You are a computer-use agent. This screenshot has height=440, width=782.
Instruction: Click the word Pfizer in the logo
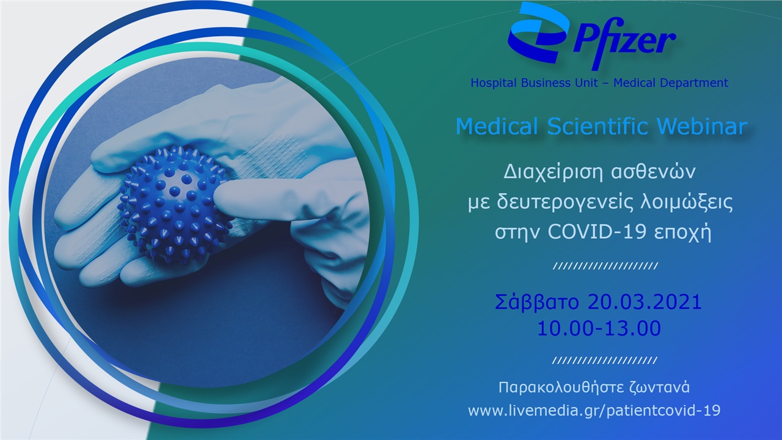623,42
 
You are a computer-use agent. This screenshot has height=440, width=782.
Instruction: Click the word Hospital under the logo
492,82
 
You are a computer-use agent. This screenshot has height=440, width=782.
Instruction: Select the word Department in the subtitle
697,82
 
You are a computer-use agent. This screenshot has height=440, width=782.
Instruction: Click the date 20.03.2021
645,302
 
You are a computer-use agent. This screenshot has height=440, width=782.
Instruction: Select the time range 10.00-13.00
599,328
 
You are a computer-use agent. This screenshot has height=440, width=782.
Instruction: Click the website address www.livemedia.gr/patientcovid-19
594,411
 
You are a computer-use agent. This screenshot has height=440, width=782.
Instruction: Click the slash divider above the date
604,266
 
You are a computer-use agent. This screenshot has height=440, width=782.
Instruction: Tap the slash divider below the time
604,361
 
